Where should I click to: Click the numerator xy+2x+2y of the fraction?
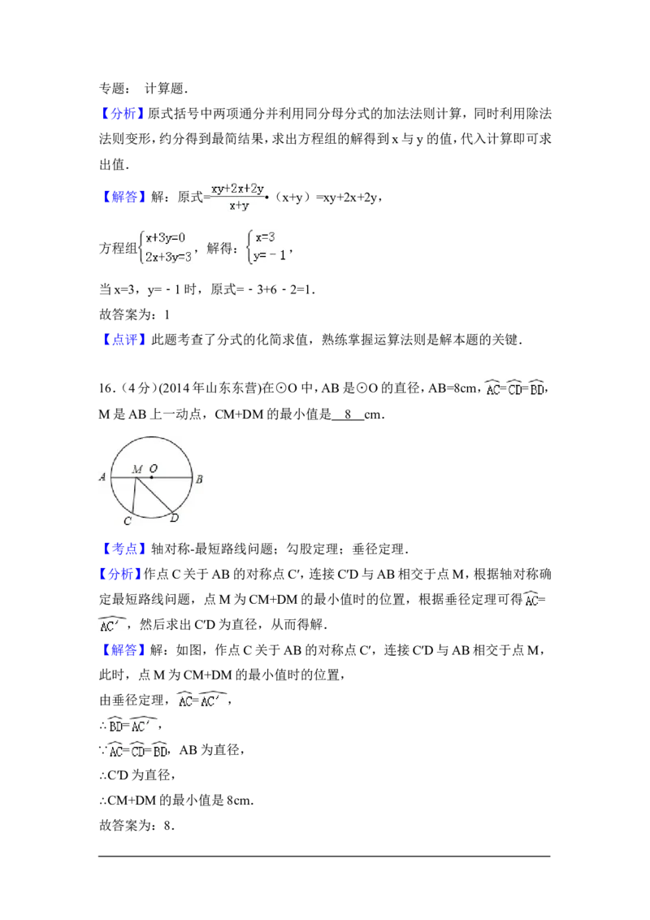point(237,189)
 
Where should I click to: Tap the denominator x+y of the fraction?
point(238,206)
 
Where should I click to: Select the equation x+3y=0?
point(166,238)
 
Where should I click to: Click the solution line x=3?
point(266,237)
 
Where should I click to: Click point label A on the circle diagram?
point(102,478)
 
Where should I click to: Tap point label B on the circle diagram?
point(198,479)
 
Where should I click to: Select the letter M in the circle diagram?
point(137,469)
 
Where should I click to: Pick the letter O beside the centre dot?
point(153,469)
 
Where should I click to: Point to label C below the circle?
point(127,520)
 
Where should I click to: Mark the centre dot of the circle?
point(151,478)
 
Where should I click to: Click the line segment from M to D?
point(154,495)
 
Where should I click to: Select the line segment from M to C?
point(133,497)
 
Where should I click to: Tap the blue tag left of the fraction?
point(126,198)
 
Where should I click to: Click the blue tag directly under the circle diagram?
point(126,549)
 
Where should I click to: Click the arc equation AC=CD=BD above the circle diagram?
point(513,388)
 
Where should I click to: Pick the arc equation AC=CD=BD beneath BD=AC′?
point(136,752)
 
